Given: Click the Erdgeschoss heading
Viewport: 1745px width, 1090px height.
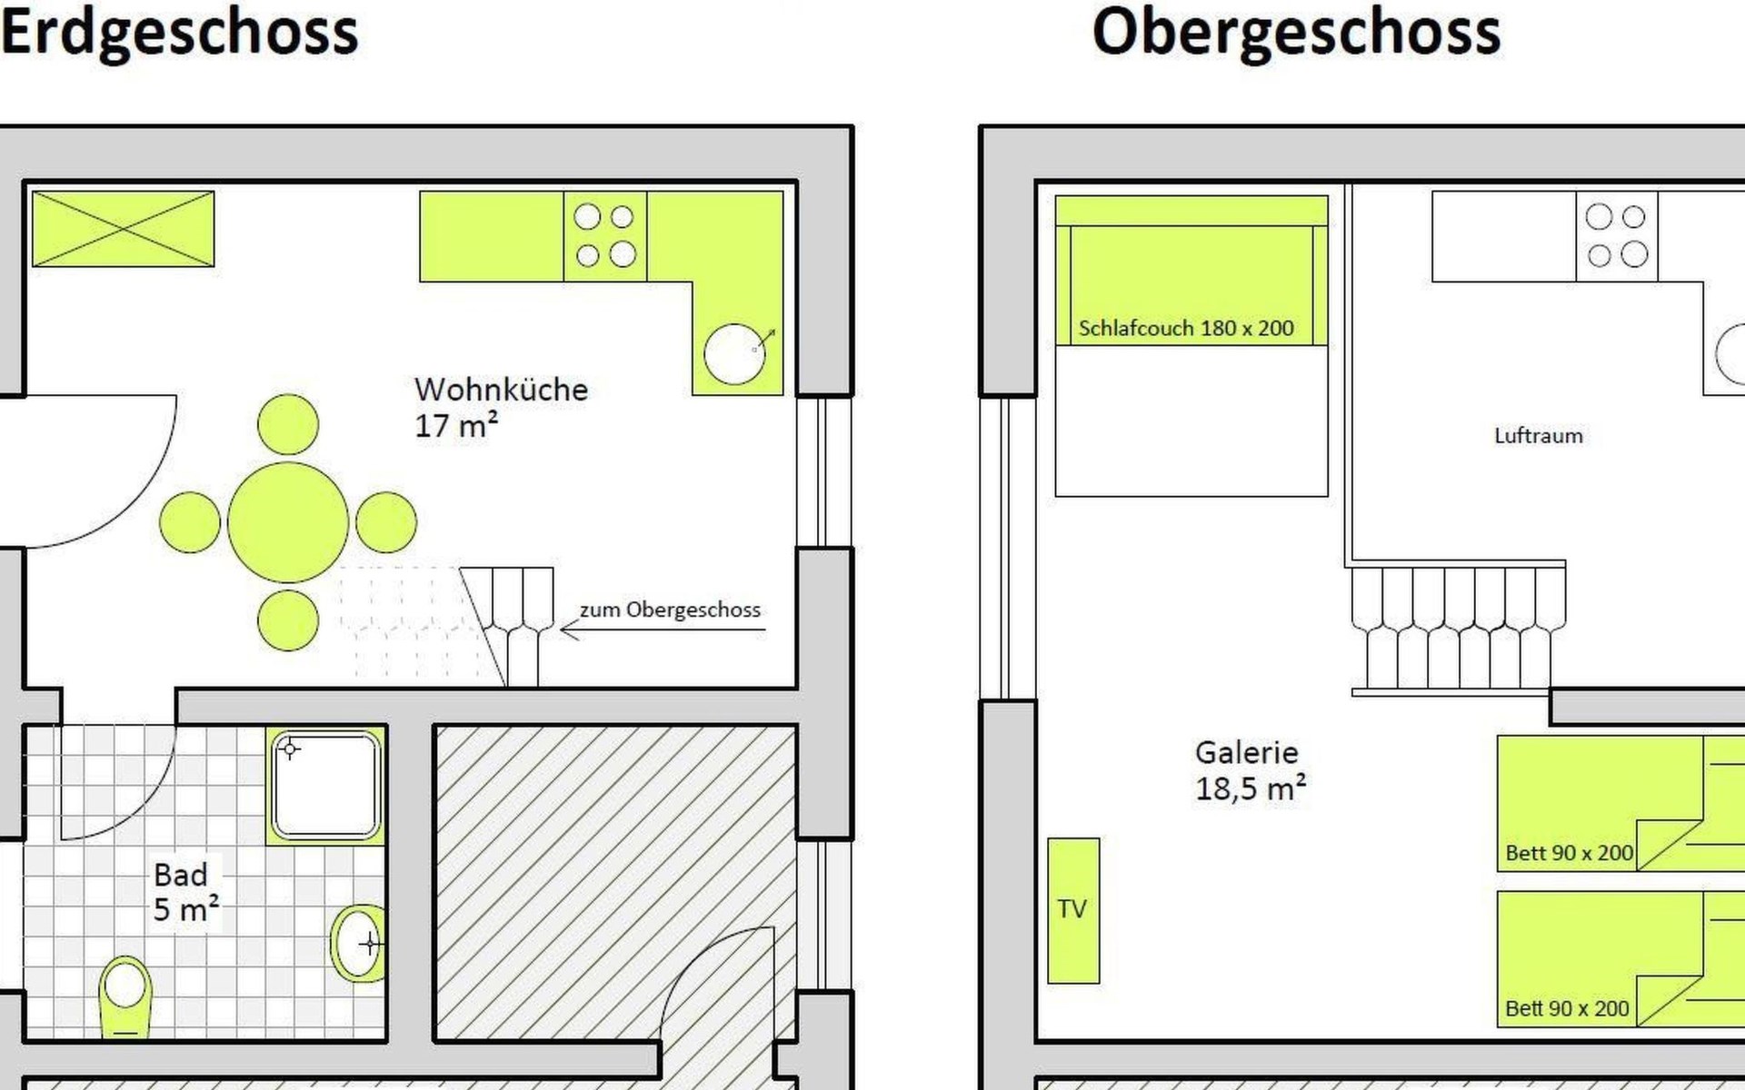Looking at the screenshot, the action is tap(180, 33).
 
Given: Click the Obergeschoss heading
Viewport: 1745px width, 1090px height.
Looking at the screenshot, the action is tap(1296, 33).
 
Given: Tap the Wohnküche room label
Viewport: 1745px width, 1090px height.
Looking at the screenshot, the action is tap(501, 407).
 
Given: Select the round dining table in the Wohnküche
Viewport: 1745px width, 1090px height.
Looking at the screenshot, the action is tap(288, 522).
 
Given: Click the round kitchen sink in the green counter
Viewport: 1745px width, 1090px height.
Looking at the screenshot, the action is tap(734, 353).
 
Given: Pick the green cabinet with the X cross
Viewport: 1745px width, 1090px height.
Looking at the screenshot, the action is tap(124, 229).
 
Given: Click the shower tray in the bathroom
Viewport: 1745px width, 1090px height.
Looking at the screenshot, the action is tap(325, 785).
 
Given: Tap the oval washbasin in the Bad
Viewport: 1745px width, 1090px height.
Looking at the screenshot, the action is tap(358, 943).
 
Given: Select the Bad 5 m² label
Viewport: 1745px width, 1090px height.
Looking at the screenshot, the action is tap(186, 892).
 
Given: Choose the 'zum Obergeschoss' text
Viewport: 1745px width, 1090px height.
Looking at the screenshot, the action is tap(670, 609).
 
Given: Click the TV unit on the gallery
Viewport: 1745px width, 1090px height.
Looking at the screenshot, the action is tap(1073, 910).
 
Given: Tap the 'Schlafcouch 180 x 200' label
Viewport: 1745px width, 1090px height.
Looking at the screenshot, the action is tap(1186, 328).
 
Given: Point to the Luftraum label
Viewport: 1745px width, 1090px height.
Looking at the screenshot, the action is tap(1539, 436).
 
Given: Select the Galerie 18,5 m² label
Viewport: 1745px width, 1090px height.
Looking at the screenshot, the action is tap(1251, 770).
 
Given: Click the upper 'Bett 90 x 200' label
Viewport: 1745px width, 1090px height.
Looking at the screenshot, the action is tap(1570, 853).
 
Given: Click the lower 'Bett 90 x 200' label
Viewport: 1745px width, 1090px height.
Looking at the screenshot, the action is tap(1568, 1008).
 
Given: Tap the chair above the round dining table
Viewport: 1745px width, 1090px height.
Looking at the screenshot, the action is tap(288, 424).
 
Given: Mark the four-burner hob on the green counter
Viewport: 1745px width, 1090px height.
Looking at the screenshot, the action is tap(605, 235).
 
